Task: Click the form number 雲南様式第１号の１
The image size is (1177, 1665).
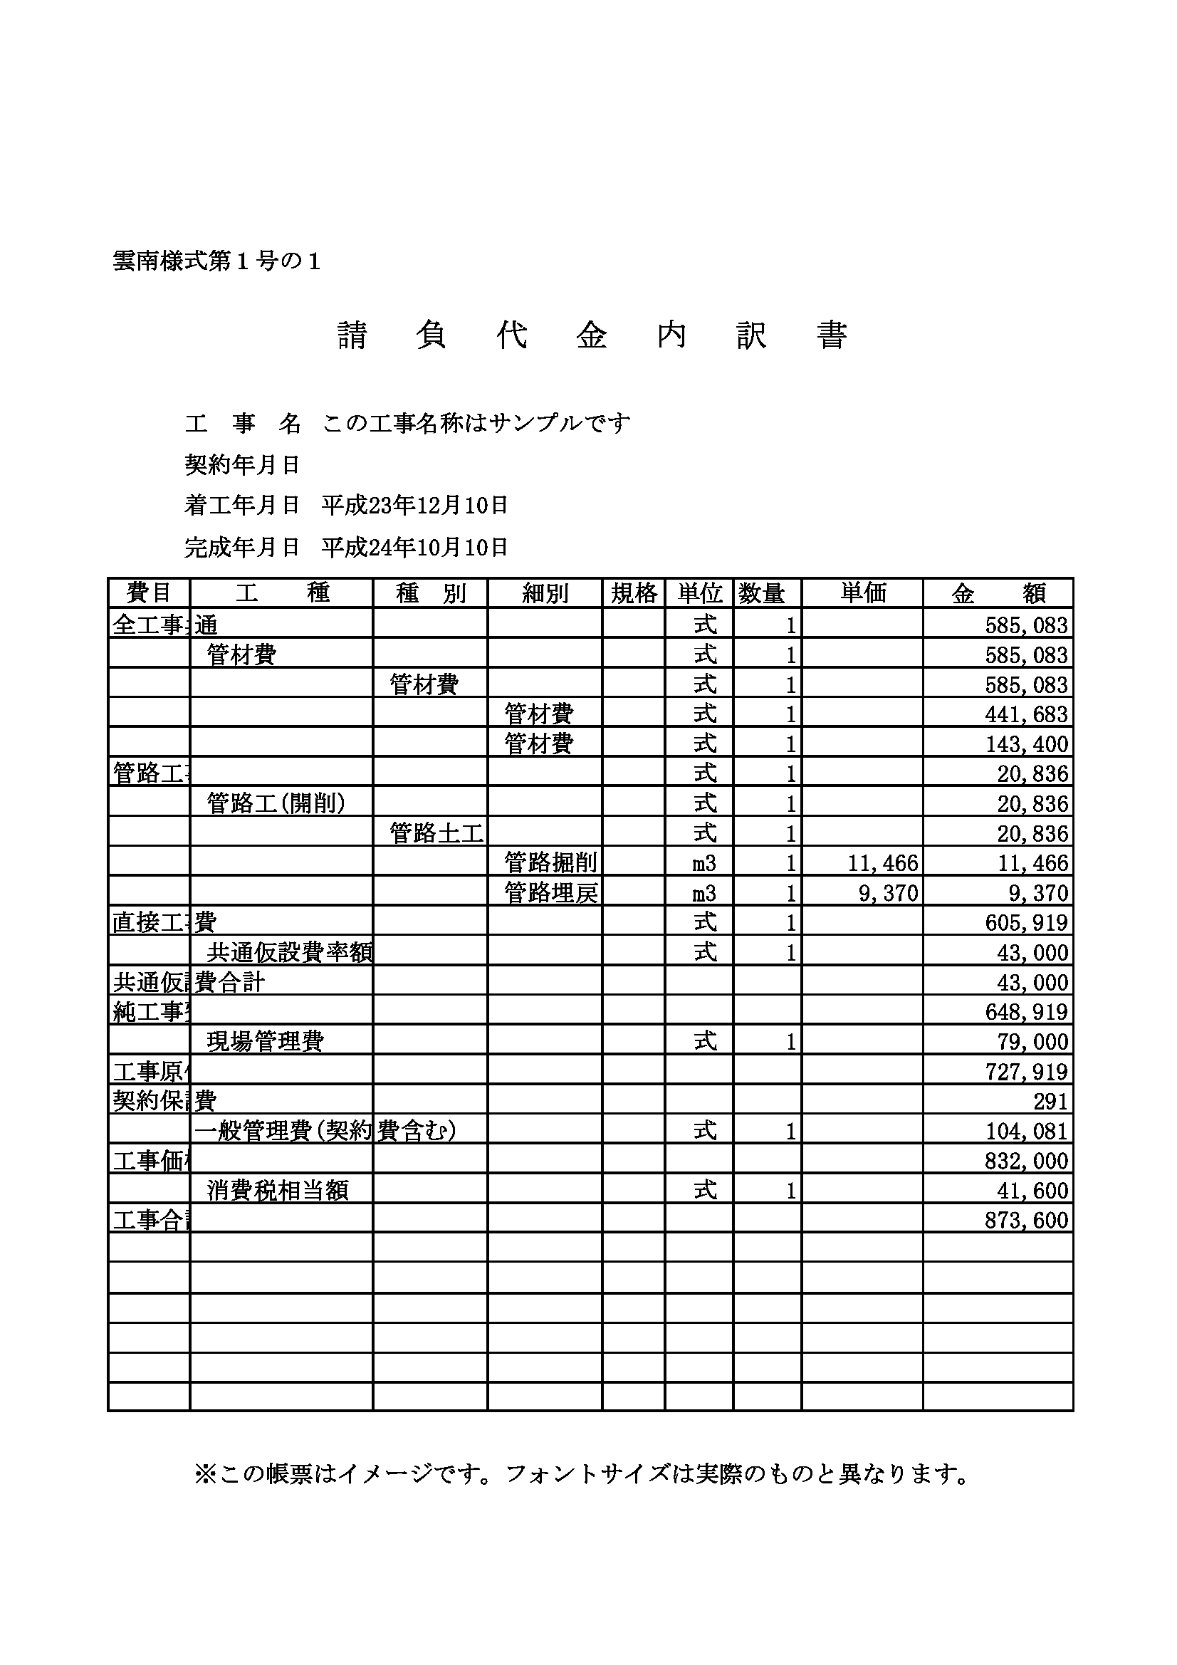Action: (x=216, y=262)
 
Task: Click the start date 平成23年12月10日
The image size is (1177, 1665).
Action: (x=414, y=506)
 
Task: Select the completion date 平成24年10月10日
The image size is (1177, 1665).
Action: (x=414, y=548)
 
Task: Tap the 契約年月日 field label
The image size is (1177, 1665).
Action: (x=242, y=464)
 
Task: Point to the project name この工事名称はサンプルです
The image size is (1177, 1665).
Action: (x=476, y=423)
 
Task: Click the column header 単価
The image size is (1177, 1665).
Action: (x=863, y=593)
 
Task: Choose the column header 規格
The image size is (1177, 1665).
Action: (x=634, y=593)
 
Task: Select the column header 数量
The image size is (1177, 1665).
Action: (x=761, y=593)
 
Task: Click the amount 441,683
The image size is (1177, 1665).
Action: (x=1026, y=714)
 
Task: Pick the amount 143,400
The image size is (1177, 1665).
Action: (x=1026, y=744)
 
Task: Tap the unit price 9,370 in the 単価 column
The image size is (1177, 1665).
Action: (x=889, y=893)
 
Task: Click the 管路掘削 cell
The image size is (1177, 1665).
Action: (x=551, y=863)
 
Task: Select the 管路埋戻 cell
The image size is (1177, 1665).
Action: (x=551, y=893)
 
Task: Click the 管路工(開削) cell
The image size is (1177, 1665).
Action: (x=276, y=803)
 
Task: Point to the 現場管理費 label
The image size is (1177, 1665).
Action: (x=266, y=1041)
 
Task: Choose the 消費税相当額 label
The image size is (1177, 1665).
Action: (x=278, y=1190)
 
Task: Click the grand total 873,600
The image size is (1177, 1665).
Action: (x=1026, y=1220)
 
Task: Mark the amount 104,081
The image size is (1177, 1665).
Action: (x=1026, y=1132)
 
